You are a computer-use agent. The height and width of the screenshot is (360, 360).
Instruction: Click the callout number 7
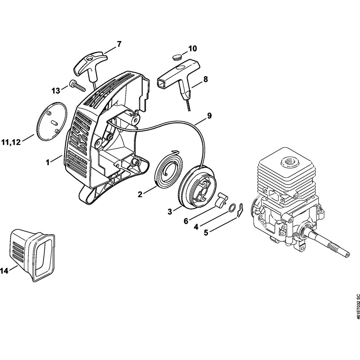[119, 44]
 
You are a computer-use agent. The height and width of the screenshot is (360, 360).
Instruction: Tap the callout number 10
[193, 49]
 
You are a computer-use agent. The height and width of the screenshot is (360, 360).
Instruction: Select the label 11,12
[11, 143]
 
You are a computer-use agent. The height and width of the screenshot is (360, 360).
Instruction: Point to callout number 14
[4, 271]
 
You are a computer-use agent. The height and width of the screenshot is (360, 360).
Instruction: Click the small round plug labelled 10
[176, 57]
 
